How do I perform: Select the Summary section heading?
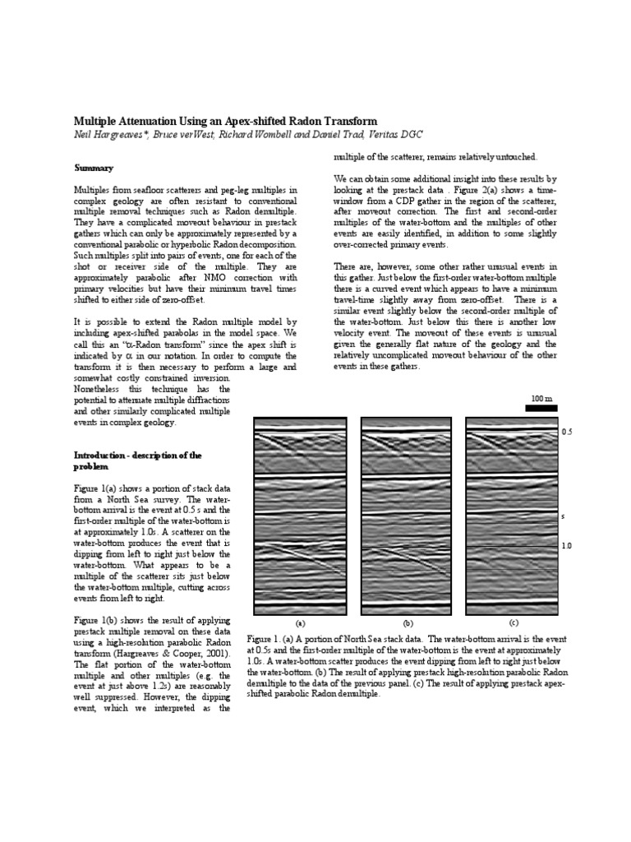click(x=94, y=168)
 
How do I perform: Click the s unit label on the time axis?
click(x=563, y=516)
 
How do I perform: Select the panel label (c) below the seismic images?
click(x=514, y=622)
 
